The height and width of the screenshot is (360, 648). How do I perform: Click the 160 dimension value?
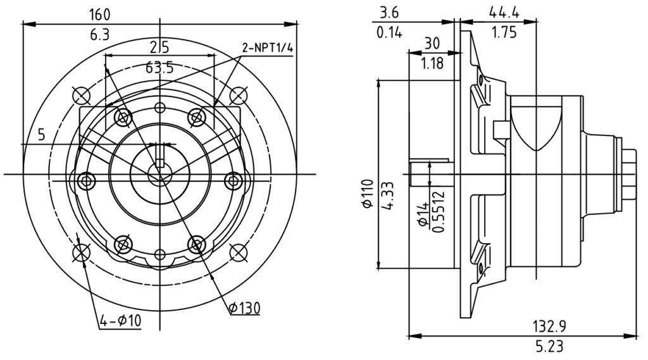coord(99,15)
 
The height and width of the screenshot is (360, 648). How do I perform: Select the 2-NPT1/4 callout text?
coord(268,48)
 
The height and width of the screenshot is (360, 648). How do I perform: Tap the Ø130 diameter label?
coord(244,308)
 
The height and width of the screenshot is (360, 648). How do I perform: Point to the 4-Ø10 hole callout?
coord(120,320)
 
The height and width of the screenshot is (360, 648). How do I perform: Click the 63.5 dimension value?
coord(159,67)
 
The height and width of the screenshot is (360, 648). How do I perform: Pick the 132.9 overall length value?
coord(549,326)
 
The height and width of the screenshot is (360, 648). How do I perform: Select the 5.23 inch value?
coord(549,346)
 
